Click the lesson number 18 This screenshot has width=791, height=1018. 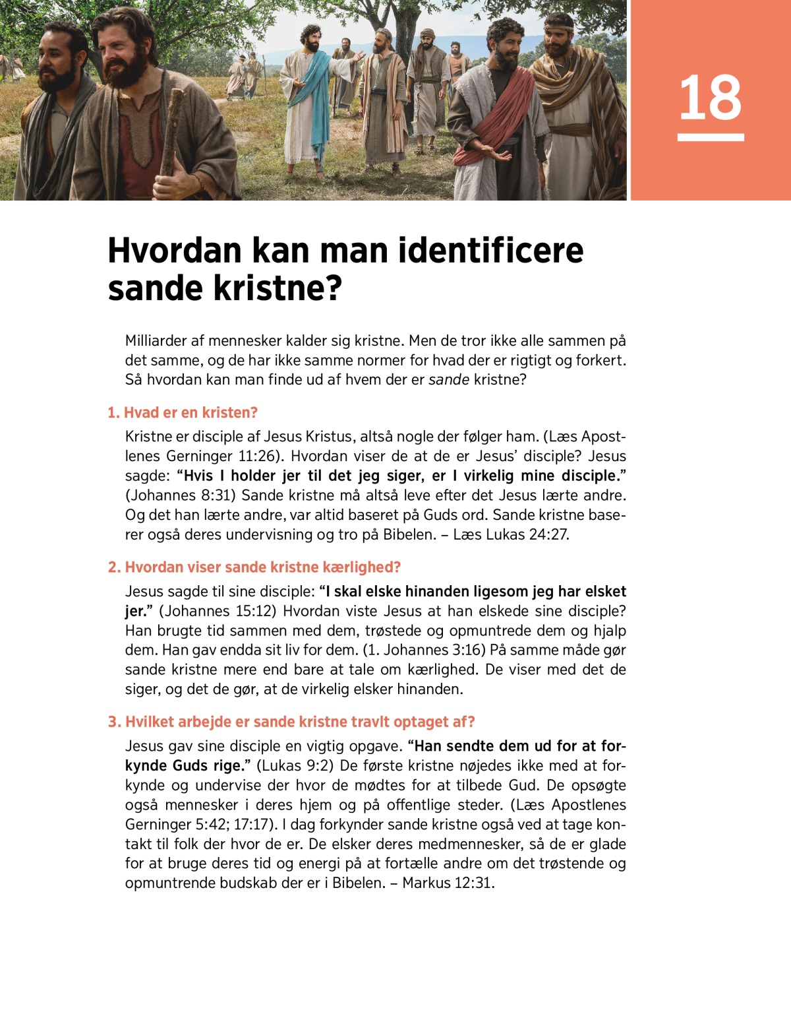tap(710, 98)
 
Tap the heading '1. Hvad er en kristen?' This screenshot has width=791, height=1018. tap(183, 412)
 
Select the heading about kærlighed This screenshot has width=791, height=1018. tap(254, 567)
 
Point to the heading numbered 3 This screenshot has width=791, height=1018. tap(291, 722)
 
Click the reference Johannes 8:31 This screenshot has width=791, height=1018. tap(180, 495)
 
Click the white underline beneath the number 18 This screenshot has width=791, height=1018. tap(710, 137)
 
